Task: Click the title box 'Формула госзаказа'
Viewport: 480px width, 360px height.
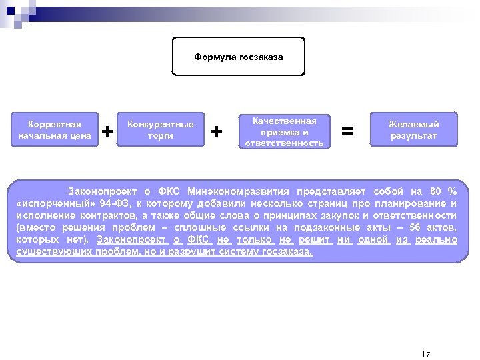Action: (x=239, y=57)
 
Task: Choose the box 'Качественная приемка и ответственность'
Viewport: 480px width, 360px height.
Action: (x=285, y=131)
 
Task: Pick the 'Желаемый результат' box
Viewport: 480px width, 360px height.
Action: (x=414, y=131)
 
